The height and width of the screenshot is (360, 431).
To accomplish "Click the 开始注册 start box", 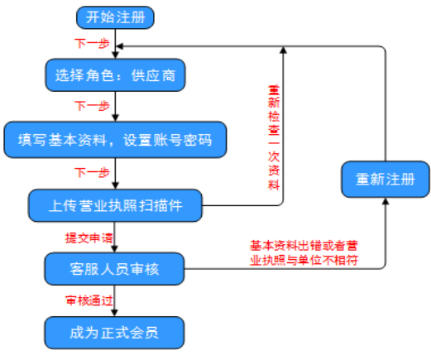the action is (115, 17).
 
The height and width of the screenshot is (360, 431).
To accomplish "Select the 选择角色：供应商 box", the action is (115, 75).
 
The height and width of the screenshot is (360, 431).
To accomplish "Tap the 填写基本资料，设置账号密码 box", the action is (115, 140).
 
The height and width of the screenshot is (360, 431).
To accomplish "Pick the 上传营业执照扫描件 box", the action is (115, 205).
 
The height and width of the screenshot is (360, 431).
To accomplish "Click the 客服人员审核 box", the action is (114, 269).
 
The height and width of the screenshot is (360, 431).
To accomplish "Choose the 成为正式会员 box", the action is (114, 333).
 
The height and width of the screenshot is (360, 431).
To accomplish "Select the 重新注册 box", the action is (386, 179).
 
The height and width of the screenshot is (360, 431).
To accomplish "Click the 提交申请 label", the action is (89, 238).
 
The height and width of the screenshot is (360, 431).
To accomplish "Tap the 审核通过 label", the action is (89, 300).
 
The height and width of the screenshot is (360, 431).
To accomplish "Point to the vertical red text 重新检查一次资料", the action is (274, 137).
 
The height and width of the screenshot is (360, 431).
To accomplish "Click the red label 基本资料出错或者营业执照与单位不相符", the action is (304, 252).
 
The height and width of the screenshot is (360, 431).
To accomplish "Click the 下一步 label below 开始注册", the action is (92, 43).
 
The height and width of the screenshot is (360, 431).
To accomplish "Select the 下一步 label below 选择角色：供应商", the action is (92, 106).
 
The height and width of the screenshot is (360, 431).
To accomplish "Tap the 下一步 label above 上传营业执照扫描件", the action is (92, 172).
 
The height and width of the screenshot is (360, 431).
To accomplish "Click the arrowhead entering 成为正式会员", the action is (114, 313).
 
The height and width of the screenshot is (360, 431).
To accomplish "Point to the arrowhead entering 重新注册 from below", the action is (386, 201).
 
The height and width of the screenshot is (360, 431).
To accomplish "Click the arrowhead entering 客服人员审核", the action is (114, 248).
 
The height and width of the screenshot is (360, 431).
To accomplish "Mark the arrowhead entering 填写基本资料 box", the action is (115, 118).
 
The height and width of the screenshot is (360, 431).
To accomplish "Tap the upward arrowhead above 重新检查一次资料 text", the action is (283, 50).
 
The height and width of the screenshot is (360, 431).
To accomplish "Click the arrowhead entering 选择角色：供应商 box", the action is (115, 55).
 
